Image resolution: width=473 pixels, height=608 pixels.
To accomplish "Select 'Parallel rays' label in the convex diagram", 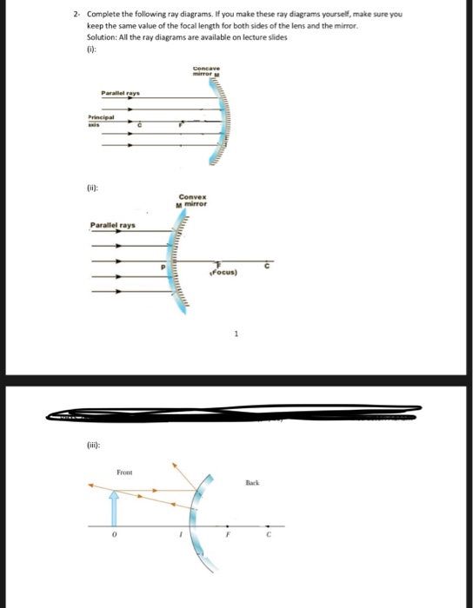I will (115, 226).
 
